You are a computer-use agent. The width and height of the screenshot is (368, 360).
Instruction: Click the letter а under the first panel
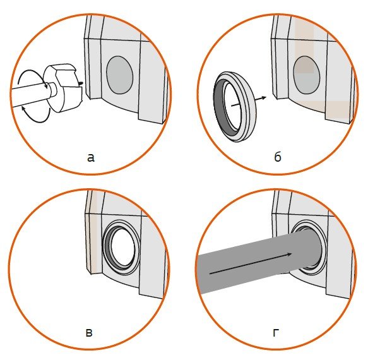(x=91, y=158)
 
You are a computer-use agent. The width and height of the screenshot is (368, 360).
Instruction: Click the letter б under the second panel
(x=278, y=157)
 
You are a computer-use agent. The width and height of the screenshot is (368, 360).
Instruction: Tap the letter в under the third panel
(x=89, y=333)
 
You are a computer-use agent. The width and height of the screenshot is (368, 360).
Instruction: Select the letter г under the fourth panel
(x=276, y=333)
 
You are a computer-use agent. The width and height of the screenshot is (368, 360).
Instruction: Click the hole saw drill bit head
(x=63, y=88)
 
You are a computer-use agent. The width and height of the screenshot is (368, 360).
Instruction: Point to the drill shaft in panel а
(x=28, y=95)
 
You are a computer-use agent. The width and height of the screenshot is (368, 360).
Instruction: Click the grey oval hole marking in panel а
(x=120, y=75)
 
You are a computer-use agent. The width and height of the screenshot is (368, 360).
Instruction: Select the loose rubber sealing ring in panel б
(x=235, y=106)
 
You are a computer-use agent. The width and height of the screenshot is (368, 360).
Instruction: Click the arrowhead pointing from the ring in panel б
(x=264, y=97)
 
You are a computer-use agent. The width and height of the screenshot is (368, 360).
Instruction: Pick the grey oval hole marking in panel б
(x=307, y=75)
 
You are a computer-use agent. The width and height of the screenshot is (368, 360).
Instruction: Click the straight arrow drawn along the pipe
(x=251, y=263)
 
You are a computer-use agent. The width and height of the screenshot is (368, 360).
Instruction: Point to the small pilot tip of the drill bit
(x=80, y=83)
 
